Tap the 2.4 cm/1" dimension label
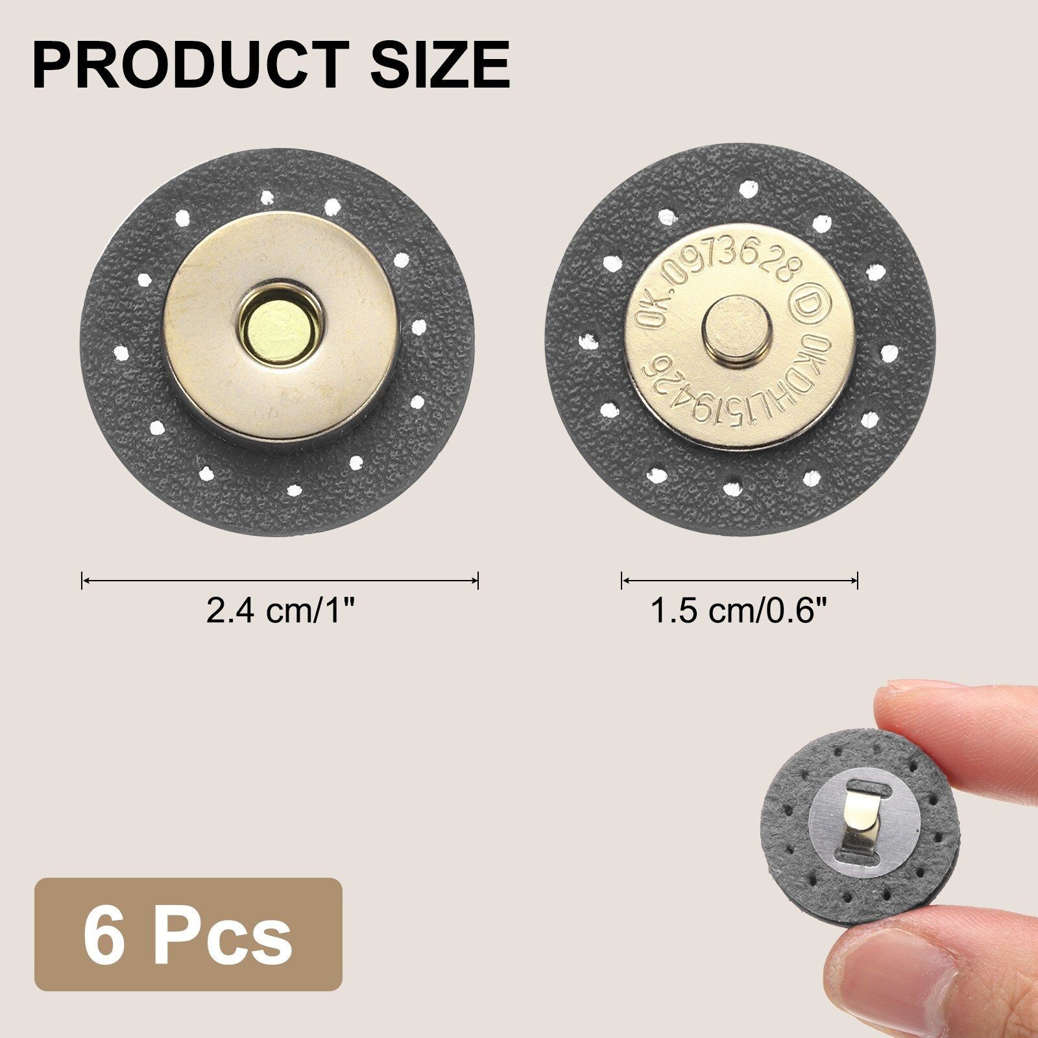(x=280, y=611)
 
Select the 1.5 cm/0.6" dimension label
(x=740, y=611)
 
